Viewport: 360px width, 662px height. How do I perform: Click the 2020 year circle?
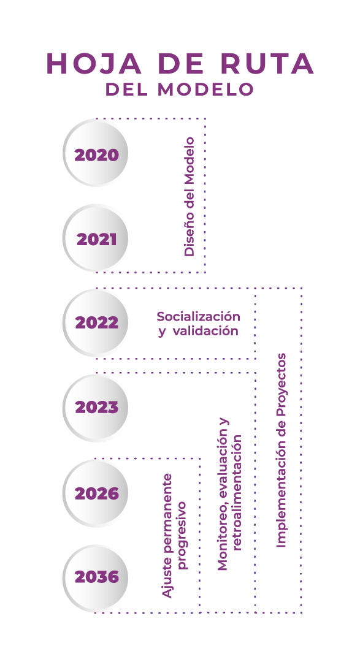(x=96, y=153)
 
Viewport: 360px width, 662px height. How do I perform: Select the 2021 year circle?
(x=96, y=238)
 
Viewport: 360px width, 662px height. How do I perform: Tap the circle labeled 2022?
(x=96, y=323)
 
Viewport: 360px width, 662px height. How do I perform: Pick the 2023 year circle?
(x=96, y=408)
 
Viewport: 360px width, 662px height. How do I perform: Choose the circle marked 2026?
(x=96, y=493)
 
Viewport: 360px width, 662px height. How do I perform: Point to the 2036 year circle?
(x=96, y=577)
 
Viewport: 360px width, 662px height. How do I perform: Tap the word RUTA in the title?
(x=267, y=64)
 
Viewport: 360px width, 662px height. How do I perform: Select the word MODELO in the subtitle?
(x=205, y=89)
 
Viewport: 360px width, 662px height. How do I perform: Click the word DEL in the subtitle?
(x=126, y=89)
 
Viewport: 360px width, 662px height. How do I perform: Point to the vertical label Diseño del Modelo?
(x=190, y=196)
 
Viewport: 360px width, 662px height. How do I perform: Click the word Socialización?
(x=198, y=316)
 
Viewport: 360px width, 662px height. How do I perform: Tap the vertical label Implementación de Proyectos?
(x=281, y=451)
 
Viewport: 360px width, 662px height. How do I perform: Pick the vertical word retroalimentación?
(x=237, y=492)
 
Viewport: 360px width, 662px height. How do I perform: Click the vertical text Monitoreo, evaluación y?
(x=223, y=494)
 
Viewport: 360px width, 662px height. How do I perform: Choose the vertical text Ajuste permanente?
(x=168, y=536)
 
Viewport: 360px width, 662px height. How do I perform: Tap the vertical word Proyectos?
(x=281, y=384)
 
